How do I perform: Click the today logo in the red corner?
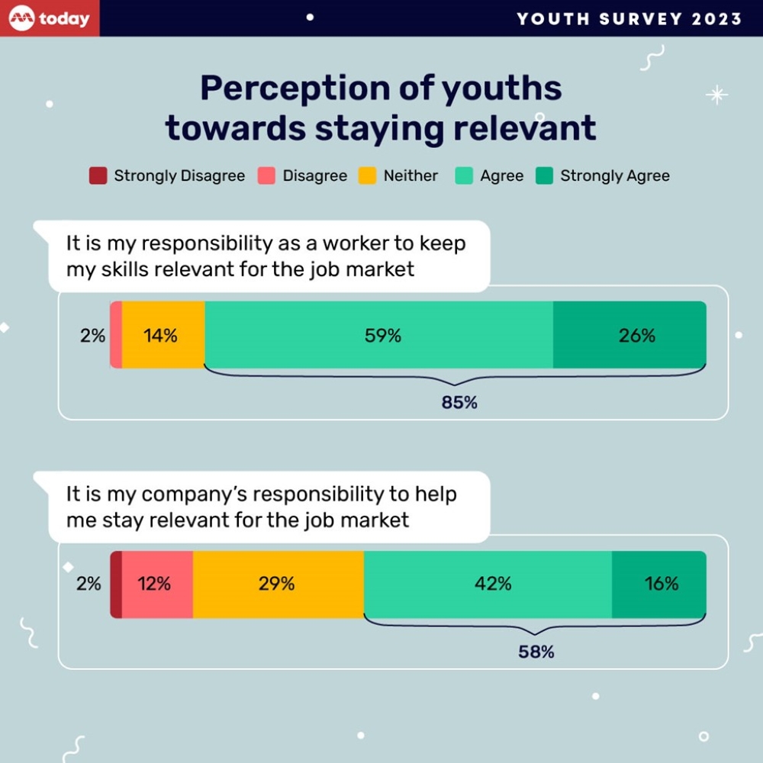[50, 18]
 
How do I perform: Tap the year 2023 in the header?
[717, 19]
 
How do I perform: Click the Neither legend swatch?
[368, 176]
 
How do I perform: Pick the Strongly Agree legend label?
[615, 176]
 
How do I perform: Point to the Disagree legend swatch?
[267, 176]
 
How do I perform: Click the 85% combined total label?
[459, 402]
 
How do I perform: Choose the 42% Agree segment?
[488, 584]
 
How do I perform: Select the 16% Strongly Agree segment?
[659, 584]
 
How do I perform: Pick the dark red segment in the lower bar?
[116, 584]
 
